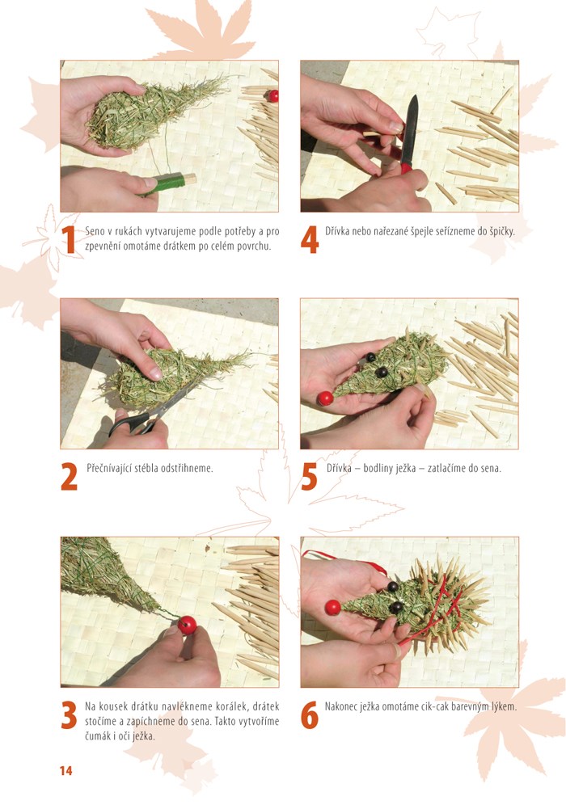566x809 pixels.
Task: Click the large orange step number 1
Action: click(69, 240)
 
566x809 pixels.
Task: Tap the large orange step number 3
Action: click(69, 715)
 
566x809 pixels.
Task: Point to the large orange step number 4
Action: click(310, 240)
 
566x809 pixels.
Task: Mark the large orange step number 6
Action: click(310, 715)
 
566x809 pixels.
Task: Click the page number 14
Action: click(66, 771)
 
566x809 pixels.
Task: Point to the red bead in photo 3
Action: click(188, 625)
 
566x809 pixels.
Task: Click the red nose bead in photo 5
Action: click(325, 398)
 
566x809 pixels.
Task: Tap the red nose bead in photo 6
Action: click(333, 607)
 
